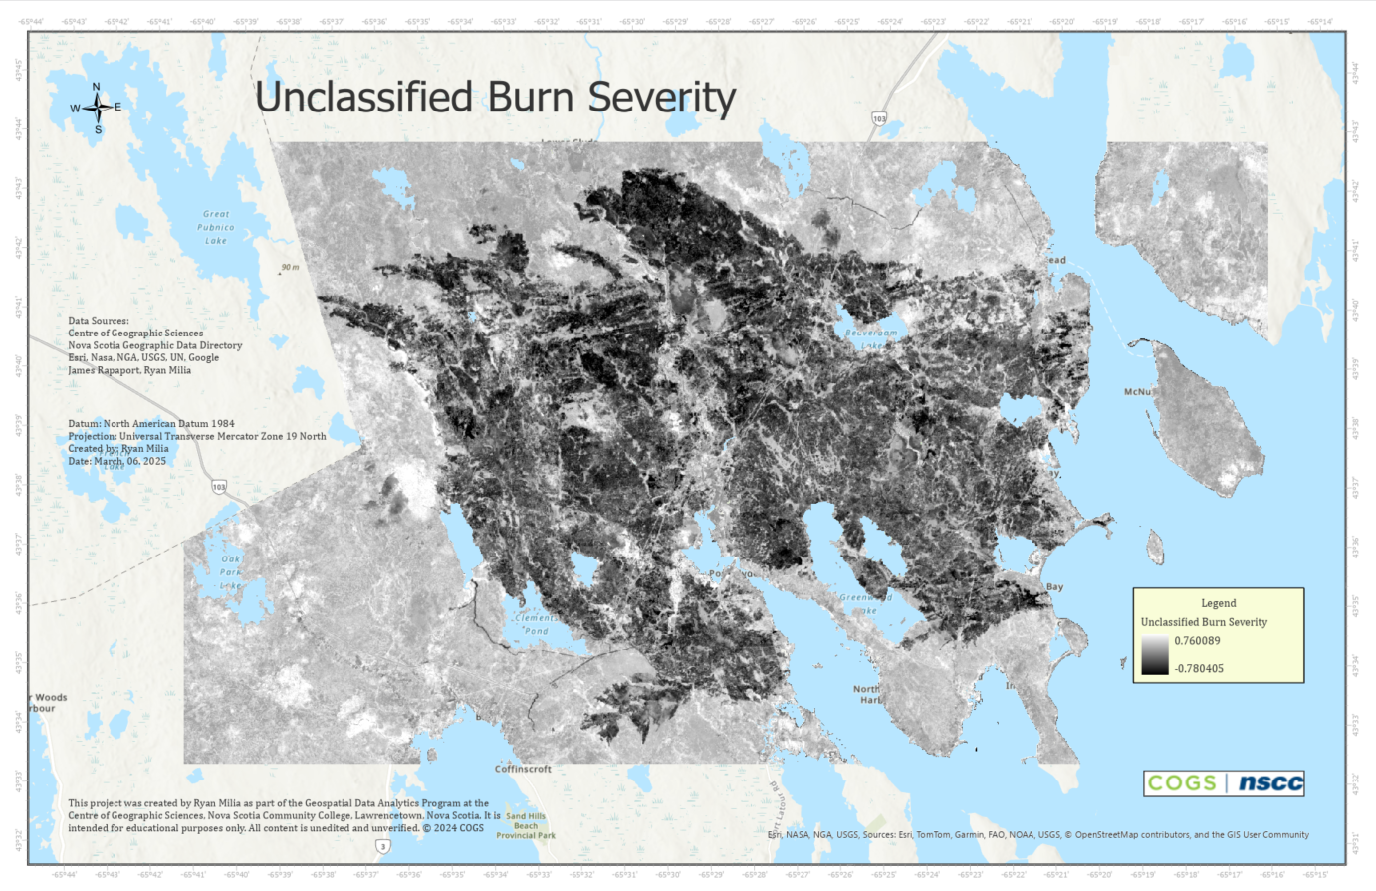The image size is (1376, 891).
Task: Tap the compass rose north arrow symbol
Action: [x=97, y=108]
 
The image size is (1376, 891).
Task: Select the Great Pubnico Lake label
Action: [x=216, y=227]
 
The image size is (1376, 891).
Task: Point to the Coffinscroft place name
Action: [x=523, y=769]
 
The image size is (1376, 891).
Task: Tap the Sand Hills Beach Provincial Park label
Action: [x=526, y=825]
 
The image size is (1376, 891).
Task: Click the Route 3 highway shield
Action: [x=382, y=846]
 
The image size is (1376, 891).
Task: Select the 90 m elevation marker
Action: [x=289, y=268]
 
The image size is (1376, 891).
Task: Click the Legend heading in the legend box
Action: [x=1218, y=603]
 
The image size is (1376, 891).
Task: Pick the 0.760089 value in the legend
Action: [x=1197, y=641]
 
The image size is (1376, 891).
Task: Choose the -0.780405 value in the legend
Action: [x=1198, y=668]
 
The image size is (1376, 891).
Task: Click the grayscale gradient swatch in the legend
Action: [x=1154, y=655]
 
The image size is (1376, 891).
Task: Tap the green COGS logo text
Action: [x=1182, y=782]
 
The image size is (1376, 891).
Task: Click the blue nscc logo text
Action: [x=1269, y=782]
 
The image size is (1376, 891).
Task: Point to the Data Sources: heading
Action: [x=99, y=321]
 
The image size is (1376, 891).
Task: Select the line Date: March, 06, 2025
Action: [x=117, y=461]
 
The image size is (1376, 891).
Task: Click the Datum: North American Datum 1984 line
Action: [x=151, y=423]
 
